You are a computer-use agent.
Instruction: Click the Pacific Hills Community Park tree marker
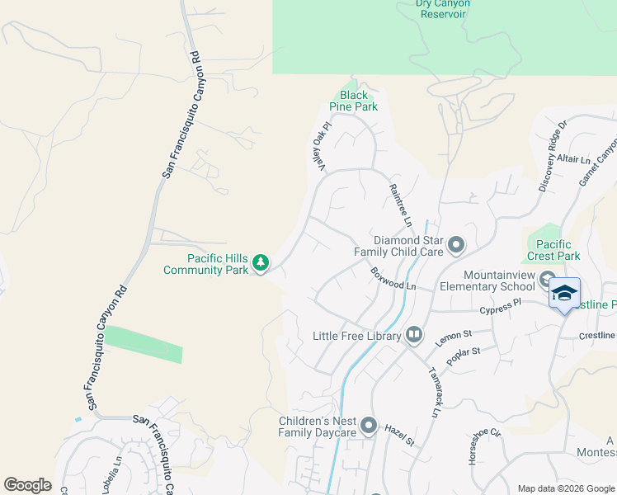pos(261,263)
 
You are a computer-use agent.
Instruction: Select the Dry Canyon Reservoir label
pos(443,8)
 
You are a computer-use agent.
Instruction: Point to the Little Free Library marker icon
pos(414,335)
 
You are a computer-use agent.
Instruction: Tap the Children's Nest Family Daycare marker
pos(368,426)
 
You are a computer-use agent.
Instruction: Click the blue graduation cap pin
pos(564,294)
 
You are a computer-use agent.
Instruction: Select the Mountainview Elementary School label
pos(499,280)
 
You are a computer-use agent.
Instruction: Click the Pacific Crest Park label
pos(553,250)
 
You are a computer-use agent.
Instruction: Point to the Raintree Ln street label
pos(400,205)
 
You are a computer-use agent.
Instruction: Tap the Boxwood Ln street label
pos(393,278)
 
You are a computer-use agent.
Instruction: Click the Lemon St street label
pos(453,335)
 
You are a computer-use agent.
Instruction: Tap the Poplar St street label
pos(464,356)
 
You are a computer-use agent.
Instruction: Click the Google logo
pos(27,485)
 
